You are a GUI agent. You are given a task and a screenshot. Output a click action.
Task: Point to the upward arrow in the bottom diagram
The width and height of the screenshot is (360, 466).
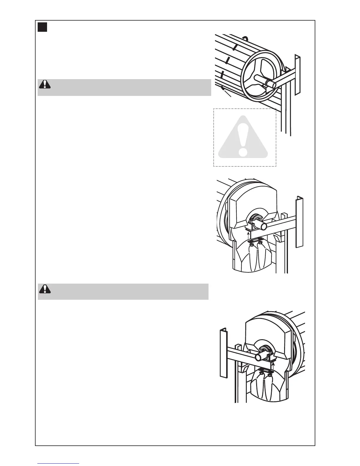273,366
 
